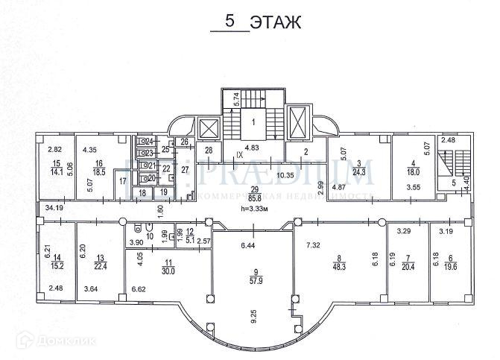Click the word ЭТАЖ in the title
pyautogui.click(x=275, y=22)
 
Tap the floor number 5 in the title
pyautogui.click(x=231, y=22)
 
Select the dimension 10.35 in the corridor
pyautogui.click(x=283, y=177)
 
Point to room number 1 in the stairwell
pyautogui.click(x=253, y=121)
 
